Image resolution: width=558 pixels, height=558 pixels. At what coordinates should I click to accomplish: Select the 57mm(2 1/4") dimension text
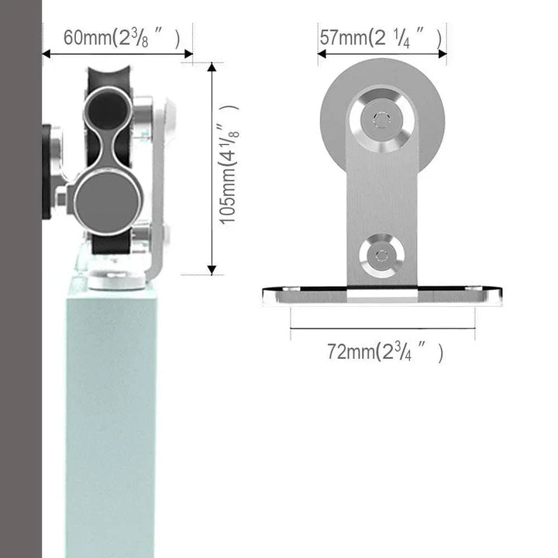381,36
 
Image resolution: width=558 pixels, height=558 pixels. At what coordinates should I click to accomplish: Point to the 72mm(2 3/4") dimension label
384,353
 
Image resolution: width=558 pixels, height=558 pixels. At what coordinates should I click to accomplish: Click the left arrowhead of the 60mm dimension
46,54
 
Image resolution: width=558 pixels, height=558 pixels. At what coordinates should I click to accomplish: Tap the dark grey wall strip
20,310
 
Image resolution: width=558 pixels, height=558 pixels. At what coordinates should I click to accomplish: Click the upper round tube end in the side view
108,108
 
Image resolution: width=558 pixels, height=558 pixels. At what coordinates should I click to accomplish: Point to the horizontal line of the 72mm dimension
383,329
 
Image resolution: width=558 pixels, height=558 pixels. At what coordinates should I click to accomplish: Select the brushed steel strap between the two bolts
380,190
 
